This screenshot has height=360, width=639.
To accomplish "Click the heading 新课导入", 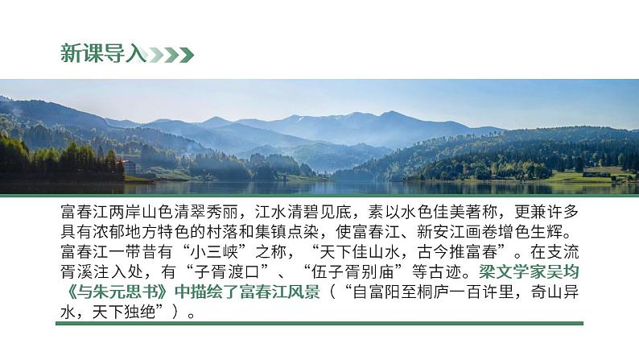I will pos(103,54).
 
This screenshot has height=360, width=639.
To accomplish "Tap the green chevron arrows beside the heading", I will pos(171,55).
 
